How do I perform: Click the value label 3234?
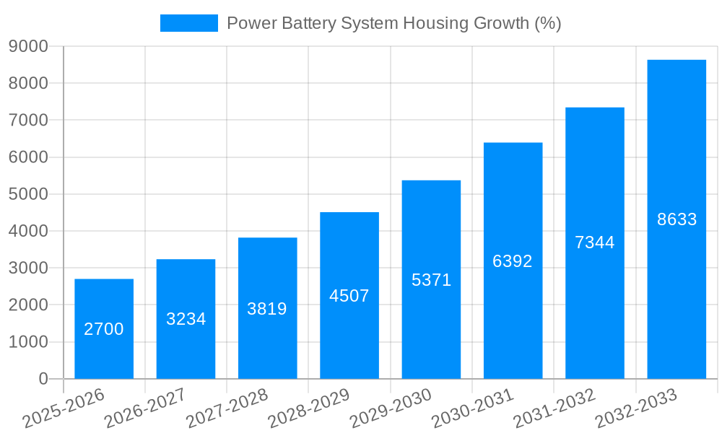pos(186,319)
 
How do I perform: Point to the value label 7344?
pos(595,242)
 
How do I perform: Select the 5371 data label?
pos(431,280)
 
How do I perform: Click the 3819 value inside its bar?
pos(267,309)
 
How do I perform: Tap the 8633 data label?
pos(677,219)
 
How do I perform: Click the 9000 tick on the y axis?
pos(28,46)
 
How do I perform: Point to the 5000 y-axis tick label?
pos(28,194)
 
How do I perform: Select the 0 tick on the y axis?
pos(43,379)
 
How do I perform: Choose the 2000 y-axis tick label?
pos(28,305)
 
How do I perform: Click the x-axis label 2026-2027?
pos(145,408)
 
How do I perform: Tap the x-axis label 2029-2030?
pos(391,408)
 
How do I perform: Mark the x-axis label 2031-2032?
pos(554,408)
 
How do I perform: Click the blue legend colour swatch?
pos(188,23)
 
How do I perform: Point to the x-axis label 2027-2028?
pos(227,408)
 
